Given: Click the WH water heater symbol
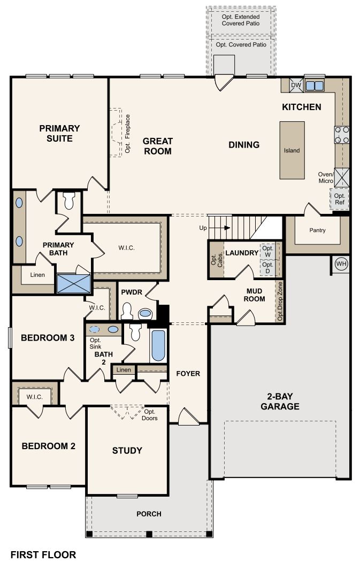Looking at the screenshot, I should [x=341, y=264].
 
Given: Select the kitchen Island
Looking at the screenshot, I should [x=292, y=150].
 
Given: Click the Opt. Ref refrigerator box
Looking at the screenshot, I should [x=340, y=198].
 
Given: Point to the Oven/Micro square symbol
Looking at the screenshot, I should [x=341, y=176].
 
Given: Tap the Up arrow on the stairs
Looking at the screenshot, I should [x=226, y=228].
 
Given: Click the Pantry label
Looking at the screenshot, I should [x=317, y=230].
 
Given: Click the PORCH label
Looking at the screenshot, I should [x=149, y=514].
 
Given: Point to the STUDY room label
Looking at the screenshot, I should [x=127, y=450].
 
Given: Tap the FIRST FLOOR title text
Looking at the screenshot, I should [x=43, y=554].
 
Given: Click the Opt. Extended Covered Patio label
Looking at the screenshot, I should [x=241, y=21].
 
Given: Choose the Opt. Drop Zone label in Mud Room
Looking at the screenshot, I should [x=280, y=302].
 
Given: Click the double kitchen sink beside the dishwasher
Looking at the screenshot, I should [x=314, y=86].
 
